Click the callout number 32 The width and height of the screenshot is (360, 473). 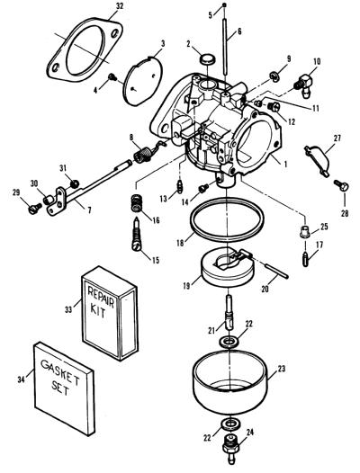tap(120, 6)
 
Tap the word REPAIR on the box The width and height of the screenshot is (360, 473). tap(101, 297)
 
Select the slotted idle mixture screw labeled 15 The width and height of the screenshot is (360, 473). tap(137, 235)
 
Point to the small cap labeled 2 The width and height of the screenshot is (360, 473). tap(207, 58)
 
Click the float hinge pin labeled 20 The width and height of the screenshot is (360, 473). tap(277, 272)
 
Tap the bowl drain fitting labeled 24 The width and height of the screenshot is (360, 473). tap(230, 451)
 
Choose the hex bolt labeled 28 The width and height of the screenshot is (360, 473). tap(342, 185)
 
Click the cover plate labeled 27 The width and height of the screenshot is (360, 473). tap(318, 160)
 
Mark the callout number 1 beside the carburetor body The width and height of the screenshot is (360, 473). tap(285, 165)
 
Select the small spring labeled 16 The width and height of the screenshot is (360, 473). tap(136, 203)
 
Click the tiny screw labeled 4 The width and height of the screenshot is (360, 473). tap(112, 77)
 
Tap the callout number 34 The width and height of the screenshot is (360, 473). tap(21, 379)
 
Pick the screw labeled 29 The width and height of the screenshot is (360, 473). tap(35, 208)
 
